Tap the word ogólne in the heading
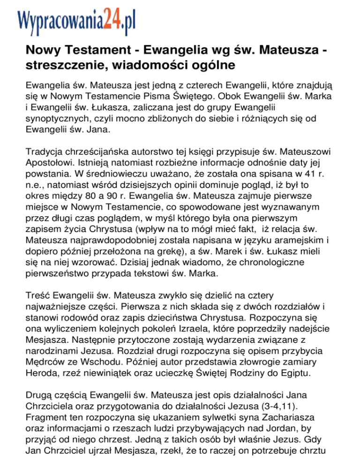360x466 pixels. point(210,64)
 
